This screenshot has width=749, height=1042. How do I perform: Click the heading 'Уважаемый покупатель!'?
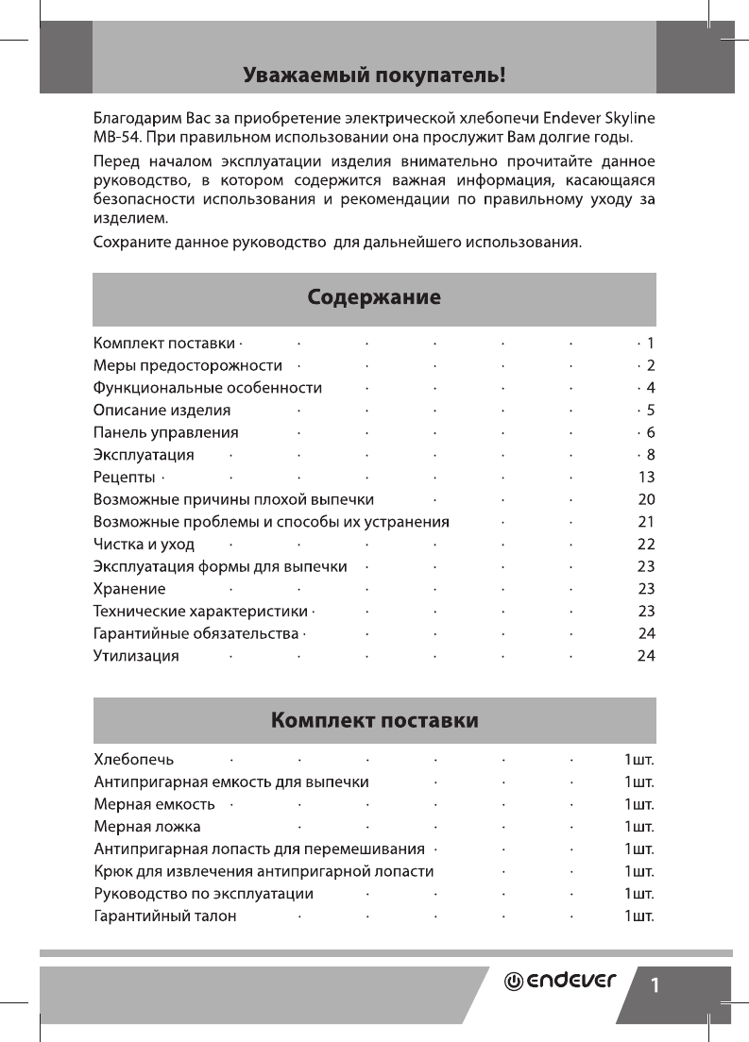pos(374,74)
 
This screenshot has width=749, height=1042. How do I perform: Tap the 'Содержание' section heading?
pos(374,298)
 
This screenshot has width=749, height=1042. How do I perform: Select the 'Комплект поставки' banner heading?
pos(374,721)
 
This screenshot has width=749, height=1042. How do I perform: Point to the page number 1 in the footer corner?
pos(654,985)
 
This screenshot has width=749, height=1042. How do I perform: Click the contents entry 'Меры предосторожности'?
pos(188,364)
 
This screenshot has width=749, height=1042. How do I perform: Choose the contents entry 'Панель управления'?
pos(165,432)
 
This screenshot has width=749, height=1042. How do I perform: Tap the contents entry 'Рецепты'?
pos(124,477)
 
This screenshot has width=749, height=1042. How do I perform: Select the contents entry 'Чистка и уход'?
pos(144,544)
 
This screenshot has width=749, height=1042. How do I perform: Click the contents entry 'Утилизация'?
pos(136,655)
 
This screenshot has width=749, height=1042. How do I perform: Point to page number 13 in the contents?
pos(646,477)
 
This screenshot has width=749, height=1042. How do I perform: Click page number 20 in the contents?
pos(646,498)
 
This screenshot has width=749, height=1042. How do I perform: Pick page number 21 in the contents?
pos(646,521)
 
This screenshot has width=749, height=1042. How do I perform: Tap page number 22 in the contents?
pos(646,544)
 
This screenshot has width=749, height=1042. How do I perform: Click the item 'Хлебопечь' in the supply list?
pos(133,758)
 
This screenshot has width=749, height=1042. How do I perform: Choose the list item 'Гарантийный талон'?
pos(165,916)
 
